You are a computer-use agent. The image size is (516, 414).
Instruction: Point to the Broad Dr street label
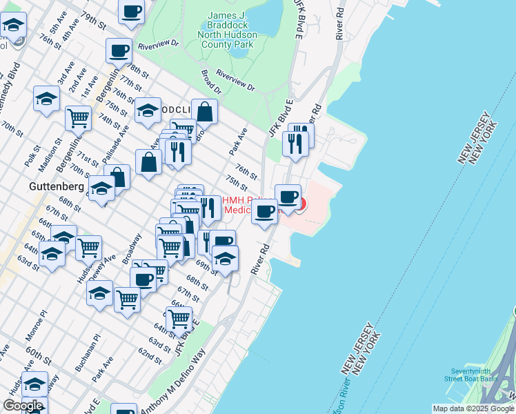point(211,83)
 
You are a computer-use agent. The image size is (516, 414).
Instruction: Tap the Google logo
point(23,406)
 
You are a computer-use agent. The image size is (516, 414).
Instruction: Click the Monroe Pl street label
point(35,326)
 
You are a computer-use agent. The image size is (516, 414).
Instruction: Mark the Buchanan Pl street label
point(88,352)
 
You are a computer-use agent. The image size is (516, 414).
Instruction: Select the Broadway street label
point(132,248)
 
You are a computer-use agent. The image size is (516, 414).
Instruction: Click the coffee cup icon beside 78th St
point(119,51)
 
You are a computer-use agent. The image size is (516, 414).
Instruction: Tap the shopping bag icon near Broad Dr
point(205,112)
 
